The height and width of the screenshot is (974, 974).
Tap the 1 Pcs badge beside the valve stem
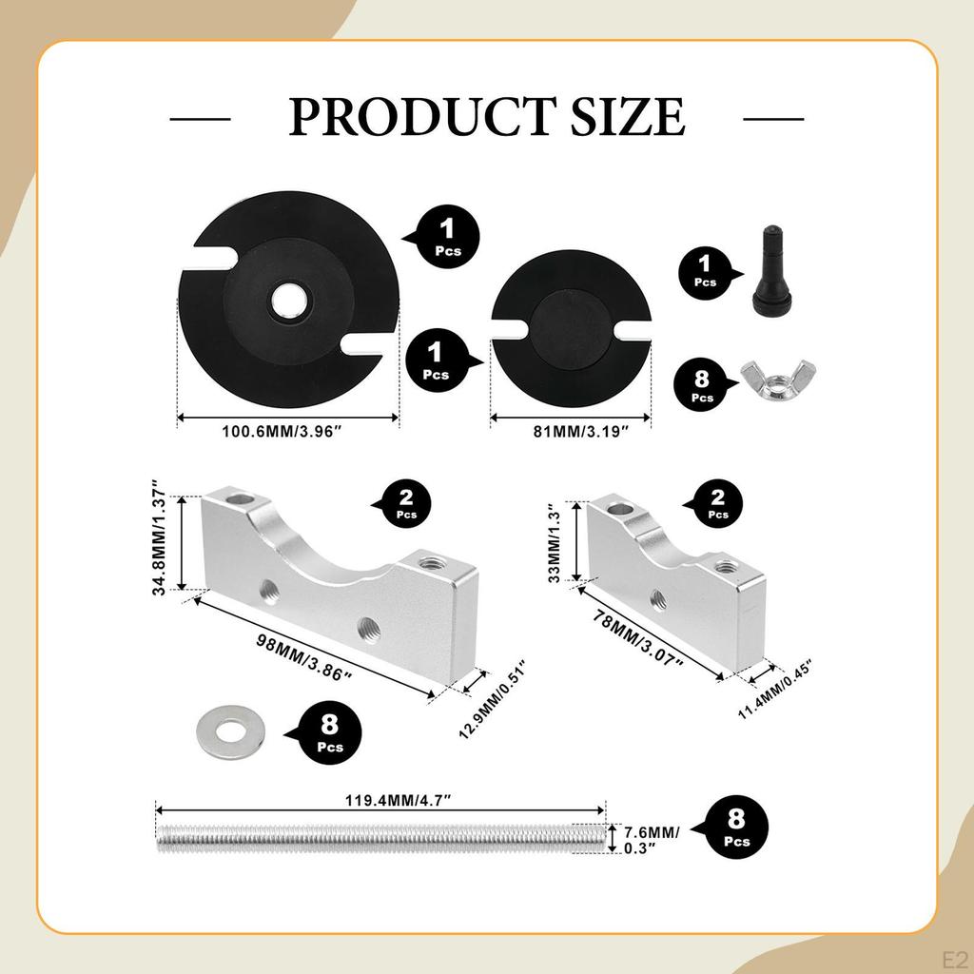click(x=705, y=271)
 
